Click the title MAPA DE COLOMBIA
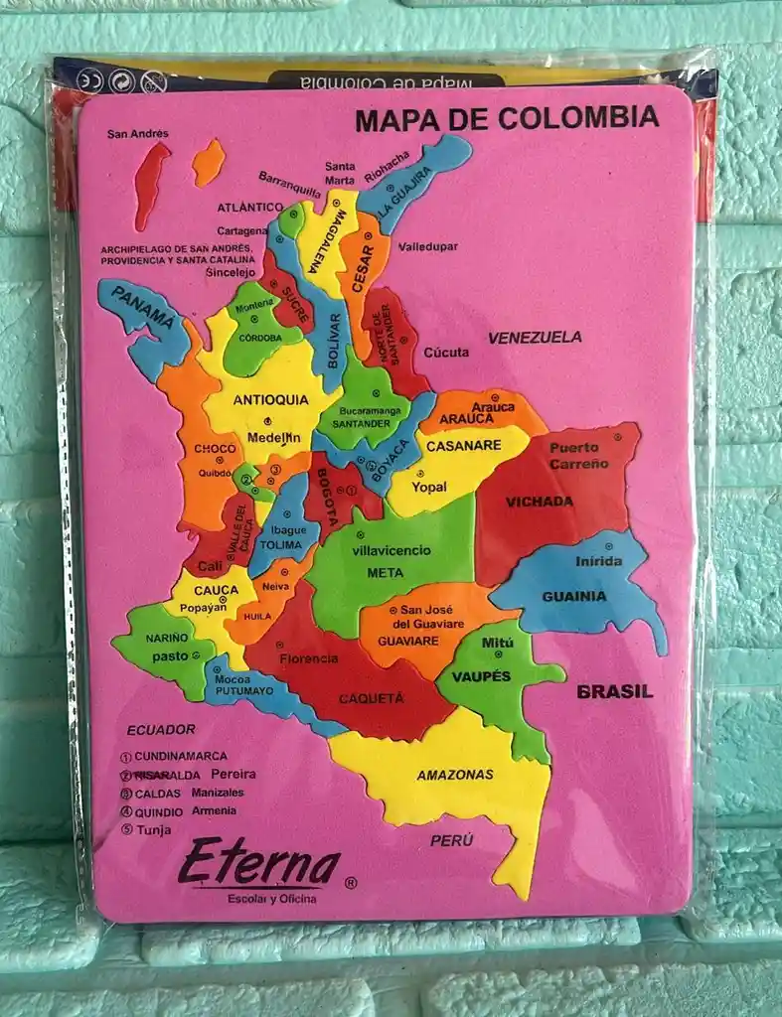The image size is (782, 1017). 506,119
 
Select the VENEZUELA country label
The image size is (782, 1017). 535,338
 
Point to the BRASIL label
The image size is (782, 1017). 615,691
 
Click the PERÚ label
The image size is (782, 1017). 451,840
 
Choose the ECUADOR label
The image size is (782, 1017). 161,729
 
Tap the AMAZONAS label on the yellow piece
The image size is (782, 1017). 455,775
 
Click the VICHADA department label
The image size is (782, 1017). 540,502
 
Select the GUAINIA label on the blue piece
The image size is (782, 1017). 573,597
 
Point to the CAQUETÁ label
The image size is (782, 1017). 372,698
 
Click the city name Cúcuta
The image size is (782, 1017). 446,352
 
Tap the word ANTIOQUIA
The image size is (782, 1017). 271,400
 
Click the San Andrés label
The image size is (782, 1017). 138,134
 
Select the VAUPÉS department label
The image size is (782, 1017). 481,676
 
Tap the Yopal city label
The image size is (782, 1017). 429,487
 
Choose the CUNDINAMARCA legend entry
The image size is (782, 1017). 180,756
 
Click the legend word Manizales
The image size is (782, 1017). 218,793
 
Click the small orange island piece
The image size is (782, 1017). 208,162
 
